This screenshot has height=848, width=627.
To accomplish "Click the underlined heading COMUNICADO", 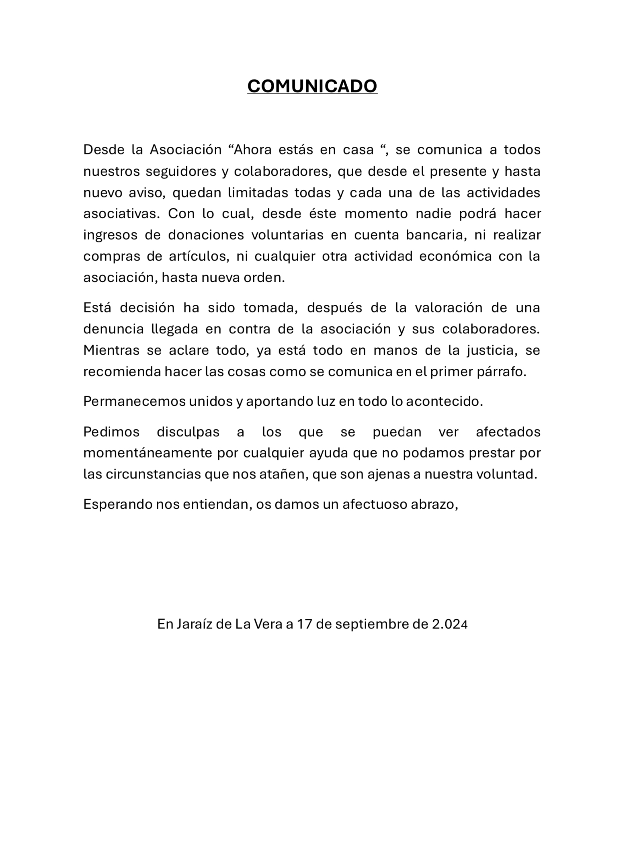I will pyautogui.click(x=312, y=86).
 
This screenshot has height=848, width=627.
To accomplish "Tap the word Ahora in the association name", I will pyautogui.click(x=253, y=150).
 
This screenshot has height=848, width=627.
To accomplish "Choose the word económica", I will pyautogui.click(x=455, y=256).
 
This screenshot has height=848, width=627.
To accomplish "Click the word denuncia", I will pyautogui.click(x=113, y=329).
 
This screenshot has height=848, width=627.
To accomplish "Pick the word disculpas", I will pyautogui.click(x=188, y=432).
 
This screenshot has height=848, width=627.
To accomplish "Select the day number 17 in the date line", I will pyautogui.click(x=305, y=624).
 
